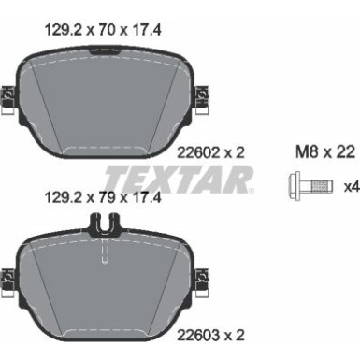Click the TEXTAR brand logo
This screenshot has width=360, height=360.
179,178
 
